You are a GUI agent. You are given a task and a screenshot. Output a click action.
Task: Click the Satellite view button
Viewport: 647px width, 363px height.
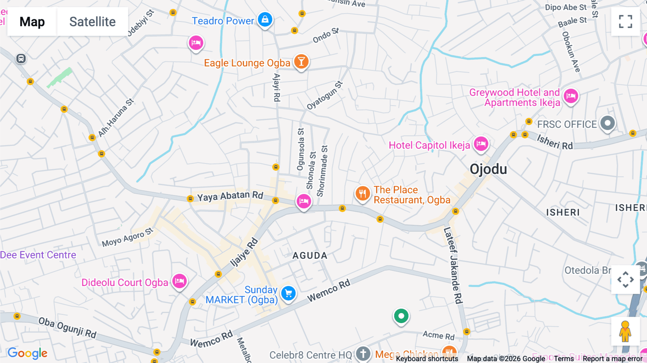(92, 22)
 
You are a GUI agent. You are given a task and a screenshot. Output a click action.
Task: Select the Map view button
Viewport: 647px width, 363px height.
(32, 22)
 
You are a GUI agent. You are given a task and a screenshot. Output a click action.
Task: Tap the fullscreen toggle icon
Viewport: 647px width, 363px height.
(625, 22)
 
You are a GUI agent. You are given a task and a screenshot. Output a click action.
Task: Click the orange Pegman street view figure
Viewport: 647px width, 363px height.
(625, 331)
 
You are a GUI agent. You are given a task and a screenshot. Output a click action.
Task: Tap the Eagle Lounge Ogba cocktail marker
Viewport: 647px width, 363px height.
(301, 62)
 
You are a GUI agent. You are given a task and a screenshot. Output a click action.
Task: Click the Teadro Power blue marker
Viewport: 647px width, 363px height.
(265, 19)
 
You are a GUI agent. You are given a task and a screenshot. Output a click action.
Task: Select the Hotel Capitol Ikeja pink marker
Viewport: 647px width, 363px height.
(481, 144)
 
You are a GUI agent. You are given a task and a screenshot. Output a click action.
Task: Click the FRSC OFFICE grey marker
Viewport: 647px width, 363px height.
(607, 123)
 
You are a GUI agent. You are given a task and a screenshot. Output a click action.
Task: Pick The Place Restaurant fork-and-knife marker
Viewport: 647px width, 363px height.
(362, 194)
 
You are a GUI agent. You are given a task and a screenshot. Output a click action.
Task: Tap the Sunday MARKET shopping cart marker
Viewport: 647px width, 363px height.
(288, 294)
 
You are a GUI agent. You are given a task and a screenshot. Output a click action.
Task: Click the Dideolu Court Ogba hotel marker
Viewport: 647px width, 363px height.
(179, 281)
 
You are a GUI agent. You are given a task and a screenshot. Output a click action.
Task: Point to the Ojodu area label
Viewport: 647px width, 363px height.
(488, 169)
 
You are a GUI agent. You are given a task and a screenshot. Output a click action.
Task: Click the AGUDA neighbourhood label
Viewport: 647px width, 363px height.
(310, 256)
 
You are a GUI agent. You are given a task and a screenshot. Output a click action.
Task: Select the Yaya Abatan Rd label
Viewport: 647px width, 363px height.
(230, 196)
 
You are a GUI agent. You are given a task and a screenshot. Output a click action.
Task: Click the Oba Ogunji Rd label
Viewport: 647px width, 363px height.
(67, 327)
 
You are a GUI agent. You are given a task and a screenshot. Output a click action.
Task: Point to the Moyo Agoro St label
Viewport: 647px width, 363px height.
(127, 238)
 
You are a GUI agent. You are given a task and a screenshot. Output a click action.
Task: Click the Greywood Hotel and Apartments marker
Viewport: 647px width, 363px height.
(571, 96)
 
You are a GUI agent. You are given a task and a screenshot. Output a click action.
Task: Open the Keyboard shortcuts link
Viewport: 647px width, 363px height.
(427, 359)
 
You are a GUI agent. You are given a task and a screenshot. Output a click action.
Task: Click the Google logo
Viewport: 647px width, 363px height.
(27, 353)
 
